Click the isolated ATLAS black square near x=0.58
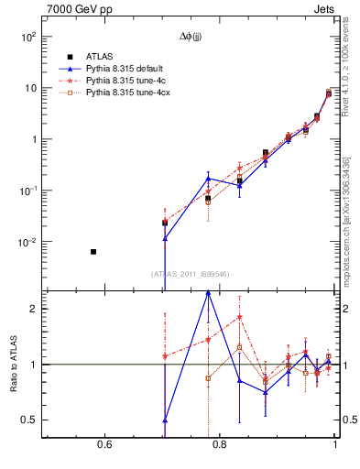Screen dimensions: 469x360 [93, 251]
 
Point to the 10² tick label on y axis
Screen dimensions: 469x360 [28, 38]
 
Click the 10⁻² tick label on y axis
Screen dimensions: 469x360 [28, 243]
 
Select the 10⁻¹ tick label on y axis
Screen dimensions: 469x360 [28, 191]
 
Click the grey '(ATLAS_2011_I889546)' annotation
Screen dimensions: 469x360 [191, 274]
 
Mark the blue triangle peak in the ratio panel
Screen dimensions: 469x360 [209, 292]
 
